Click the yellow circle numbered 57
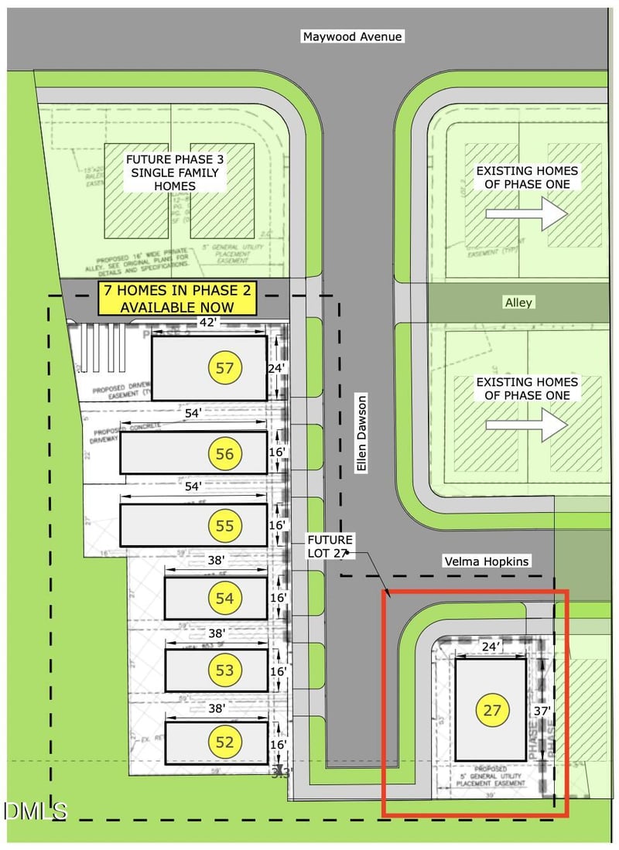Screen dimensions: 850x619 click(x=225, y=368)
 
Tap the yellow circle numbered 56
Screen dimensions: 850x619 click(x=224, y=454)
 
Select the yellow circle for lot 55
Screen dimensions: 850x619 click(x=224, y=526)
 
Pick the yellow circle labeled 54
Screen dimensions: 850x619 click(x=224, y=598)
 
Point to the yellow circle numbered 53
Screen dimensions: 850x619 click(x=224, y=670)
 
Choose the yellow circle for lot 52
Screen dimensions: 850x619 click(x=224, y=742)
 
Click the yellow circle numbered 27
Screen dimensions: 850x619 click(x=493, y=711)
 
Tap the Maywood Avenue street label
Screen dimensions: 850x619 click(x=354, y=36)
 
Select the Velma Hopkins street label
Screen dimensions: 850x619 click(x=486, y=561)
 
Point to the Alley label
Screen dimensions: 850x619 click(x=518, y=302)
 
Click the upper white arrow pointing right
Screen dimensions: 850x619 click(x=539, y=212)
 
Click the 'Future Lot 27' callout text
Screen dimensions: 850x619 click(x=330, y=546)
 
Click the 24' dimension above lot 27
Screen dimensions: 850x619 click(x=488, y=644)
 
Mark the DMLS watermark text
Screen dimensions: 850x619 click(x=36, y=811)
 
